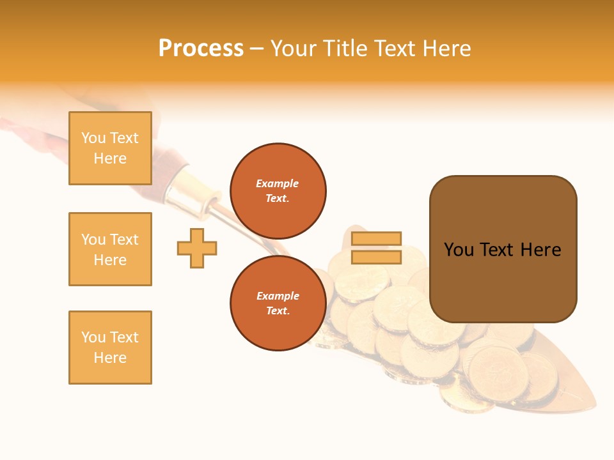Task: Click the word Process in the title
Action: coord(201,49)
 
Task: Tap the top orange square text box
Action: coord(110,148)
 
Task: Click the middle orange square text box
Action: coord(110,249)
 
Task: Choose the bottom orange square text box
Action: coord(110,348)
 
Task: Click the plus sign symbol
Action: coord(197,248)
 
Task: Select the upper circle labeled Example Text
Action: coord(278,191)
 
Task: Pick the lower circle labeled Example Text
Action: coord(278,303)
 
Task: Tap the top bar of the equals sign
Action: coord(376,239)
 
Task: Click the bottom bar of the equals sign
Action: coord(376,257)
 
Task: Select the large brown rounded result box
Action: coord(503,249)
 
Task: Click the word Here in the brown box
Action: coord(540,250)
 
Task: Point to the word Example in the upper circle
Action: coord(278,183)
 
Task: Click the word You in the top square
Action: coord(93,138)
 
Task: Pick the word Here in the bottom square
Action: coord(110,358)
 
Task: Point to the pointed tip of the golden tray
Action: coord(594,407)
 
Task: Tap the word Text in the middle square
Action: coord(124,240)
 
